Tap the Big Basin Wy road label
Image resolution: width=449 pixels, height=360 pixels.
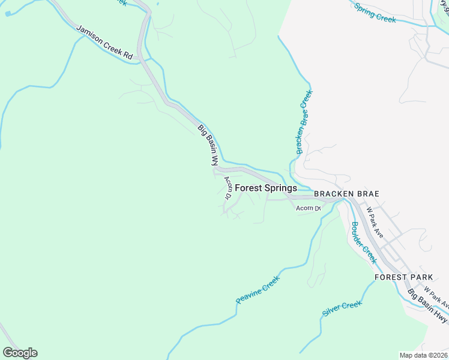(x=207, y=145)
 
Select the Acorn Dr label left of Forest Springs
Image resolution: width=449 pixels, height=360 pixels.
(x=229, y=187)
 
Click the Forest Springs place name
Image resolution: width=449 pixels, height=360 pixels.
(x=266, y=188)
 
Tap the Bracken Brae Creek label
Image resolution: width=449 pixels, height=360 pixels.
(x=304, y=122)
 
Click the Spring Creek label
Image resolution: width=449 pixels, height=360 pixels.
(x=375, y=13)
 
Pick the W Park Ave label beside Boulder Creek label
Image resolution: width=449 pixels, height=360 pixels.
(x=374, y=222)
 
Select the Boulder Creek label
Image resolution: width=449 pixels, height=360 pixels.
(x=363, y=242)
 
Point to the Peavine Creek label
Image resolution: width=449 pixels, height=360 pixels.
(x=258, y=289)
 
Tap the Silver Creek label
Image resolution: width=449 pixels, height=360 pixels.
(x=342, y=309)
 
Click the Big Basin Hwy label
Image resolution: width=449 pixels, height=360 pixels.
(x=428, y=305)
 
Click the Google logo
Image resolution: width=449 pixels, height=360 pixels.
(x=20, y=353)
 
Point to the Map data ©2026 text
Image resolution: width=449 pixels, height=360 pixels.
(x=423, y=355)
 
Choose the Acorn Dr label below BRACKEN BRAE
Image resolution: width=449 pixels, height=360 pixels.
(x=308, y=208)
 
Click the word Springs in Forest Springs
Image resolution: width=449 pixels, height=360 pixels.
(x=281, y=188)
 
